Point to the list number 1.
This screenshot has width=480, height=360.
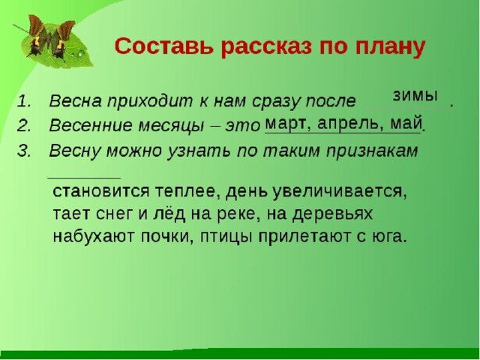point(24,101)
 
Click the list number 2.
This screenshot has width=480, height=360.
point(24,126)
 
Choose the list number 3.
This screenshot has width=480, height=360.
point(24,151)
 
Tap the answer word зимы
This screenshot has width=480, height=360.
point(415,96)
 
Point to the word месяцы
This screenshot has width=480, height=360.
point(171,126)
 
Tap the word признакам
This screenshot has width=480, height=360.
point(372,151)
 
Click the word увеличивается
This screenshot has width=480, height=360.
point(340,193)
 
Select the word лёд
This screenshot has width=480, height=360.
point(169,214)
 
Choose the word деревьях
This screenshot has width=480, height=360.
point(332,214)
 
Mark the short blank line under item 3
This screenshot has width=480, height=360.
point(84,177)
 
